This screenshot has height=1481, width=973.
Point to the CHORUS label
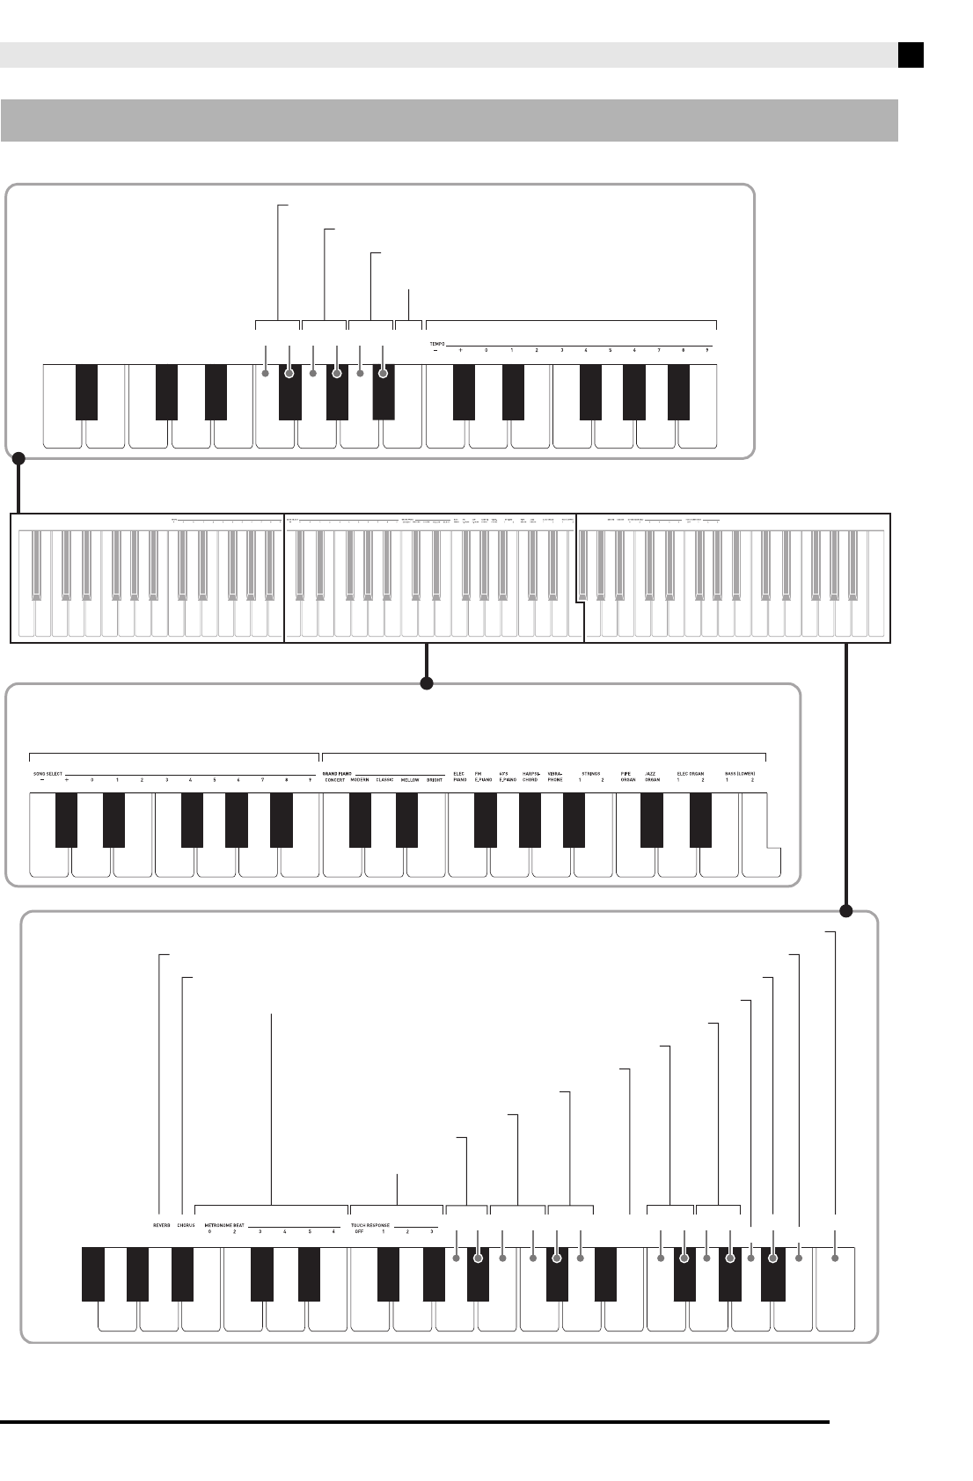[x=186, y=1224]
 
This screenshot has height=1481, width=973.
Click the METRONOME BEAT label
[x=226, y=1224]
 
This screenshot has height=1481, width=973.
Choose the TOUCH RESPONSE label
[x=370, y=1224]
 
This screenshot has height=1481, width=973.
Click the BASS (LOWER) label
[x=740, y=774]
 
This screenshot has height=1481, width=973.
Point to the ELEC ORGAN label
[x=690, y=774]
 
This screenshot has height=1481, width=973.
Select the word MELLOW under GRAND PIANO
[x=410, y=780]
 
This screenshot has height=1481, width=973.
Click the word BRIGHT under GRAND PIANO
[x=435, y=780]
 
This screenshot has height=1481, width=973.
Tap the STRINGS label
[x=590, y=774]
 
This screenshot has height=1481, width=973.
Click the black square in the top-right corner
[x=911, y=55]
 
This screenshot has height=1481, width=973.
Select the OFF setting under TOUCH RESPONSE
[x=358, y=1232]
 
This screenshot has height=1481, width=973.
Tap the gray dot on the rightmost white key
[x=836, y=1258]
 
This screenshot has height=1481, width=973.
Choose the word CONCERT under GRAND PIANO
[x=334, y=780]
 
